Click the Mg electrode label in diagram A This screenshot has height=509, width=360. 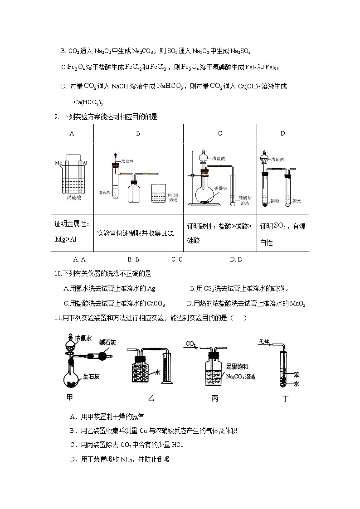[58, 162]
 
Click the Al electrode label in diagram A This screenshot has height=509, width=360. [84, 162]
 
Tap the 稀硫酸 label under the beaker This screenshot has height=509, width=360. [73, 198]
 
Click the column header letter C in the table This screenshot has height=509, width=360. [220, 133]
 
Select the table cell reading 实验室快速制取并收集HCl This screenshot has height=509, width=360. [136, 233]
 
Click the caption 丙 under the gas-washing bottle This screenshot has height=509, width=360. [215, 398]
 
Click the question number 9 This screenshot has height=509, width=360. [56, 116]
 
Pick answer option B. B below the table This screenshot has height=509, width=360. [133, 259]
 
